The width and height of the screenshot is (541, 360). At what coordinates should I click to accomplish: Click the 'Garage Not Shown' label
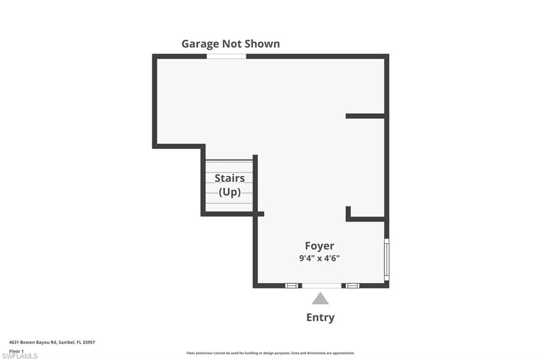coord(230,44)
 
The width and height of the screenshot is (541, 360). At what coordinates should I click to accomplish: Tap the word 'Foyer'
coord(320,245)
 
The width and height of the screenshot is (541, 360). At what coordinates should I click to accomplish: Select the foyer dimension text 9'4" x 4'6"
coord(320,259)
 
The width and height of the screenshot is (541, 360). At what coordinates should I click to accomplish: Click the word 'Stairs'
coord(229,178)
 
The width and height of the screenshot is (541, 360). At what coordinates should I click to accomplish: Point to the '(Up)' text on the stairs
coord(229,192)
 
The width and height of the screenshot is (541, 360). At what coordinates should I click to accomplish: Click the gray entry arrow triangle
coord(320,299)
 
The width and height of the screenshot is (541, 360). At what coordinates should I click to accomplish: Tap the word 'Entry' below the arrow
coord(320,317)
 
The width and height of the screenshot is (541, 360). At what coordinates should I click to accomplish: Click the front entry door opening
coord(321,286)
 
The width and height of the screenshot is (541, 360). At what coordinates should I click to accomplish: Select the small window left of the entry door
coord(291,286)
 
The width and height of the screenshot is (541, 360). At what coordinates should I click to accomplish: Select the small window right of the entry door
coord(352,286)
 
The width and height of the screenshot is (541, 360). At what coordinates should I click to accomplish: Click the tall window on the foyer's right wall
coord(387,259)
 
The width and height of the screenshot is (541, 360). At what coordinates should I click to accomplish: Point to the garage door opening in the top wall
coord(226,56)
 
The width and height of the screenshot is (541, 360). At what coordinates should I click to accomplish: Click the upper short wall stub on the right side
coord(365,116)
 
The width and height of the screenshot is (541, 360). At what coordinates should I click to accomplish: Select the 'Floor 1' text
coord(17,350)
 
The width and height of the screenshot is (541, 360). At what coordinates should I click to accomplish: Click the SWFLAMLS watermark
coord(20,356)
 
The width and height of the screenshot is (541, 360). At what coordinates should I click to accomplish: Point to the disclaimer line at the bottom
coord(270,353)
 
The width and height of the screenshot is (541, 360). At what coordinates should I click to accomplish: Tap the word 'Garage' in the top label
coord(200,44)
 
